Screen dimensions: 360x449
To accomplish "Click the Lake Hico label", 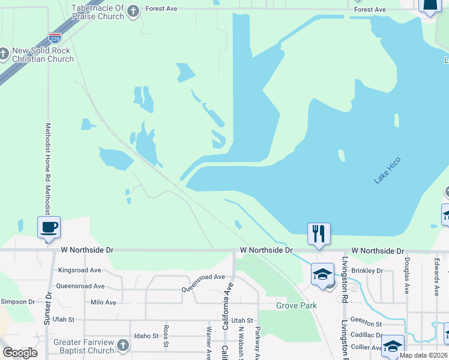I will pos(387,170).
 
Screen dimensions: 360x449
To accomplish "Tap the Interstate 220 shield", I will pos(55,38).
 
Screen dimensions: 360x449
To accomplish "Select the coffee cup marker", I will pos(49,228).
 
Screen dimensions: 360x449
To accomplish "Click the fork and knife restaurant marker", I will pos(319,233).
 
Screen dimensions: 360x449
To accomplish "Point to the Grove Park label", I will pos(297,305).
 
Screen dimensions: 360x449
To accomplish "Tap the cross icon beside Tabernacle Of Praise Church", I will pos(133,10).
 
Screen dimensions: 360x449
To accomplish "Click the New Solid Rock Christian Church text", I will pos(43,55).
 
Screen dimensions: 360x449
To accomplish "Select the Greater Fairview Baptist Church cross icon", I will pos(123,345).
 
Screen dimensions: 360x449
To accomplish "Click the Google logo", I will pos(20,353).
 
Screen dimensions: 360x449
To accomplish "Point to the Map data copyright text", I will pos(424,355).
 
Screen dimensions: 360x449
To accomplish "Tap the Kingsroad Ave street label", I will pos(79,271).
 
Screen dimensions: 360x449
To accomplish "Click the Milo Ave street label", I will pos(103,302).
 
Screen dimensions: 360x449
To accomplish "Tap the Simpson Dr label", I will pos(18,302).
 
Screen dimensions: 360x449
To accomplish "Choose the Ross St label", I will pos(166,337).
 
